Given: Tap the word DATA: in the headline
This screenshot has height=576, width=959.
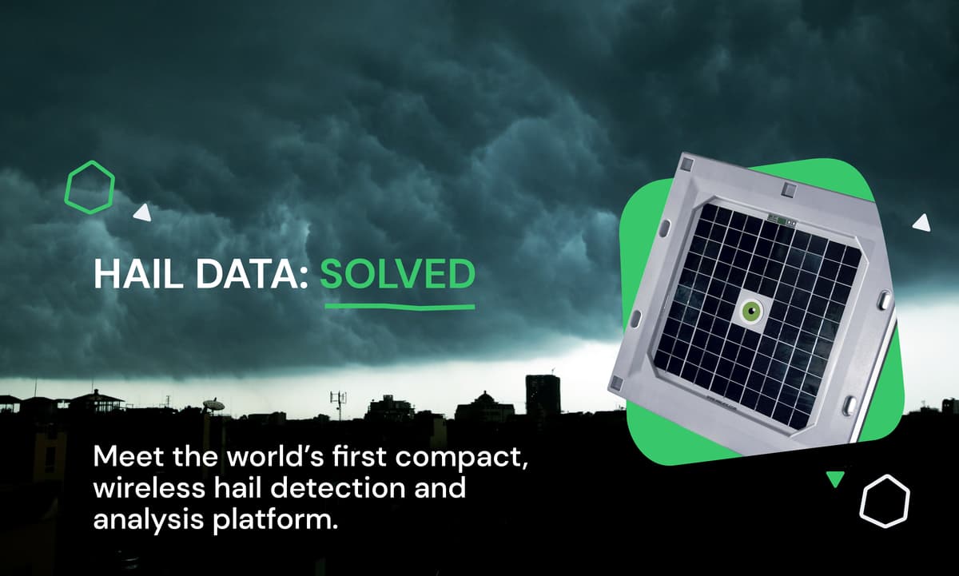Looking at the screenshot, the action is [253, 274].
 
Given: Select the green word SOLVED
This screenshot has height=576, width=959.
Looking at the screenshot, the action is [398, 274].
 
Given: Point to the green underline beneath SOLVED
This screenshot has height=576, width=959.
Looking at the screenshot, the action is [400, 307].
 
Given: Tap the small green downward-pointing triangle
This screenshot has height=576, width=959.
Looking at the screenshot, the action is [835, 479].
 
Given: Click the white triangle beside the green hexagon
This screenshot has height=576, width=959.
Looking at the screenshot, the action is [143, 213].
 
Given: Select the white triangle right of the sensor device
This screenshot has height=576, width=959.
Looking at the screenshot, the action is [922, 224].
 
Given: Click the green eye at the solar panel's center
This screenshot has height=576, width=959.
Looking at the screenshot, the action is [753, 309].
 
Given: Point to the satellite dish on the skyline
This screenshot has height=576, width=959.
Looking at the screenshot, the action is [213, 404].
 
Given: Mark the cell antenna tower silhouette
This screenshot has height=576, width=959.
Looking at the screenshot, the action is [338, 404].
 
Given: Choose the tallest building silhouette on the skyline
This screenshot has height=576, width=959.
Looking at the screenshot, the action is [543, 395].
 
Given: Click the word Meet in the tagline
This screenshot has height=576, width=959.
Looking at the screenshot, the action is [129, 457].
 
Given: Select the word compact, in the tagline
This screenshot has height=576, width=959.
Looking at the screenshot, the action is [461, 459].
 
